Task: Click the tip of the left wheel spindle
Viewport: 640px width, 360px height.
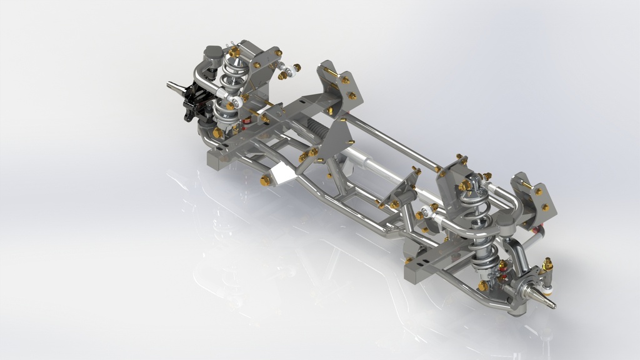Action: click(x=169, y=84)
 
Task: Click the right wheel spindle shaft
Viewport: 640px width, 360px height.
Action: click(x=545, y=299)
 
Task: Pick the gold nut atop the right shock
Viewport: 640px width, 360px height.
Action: click(x=465, y=185)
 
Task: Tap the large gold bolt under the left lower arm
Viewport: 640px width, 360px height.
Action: click(x=217, y=133)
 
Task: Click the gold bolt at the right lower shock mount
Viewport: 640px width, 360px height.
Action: click(x=483, y=286)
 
